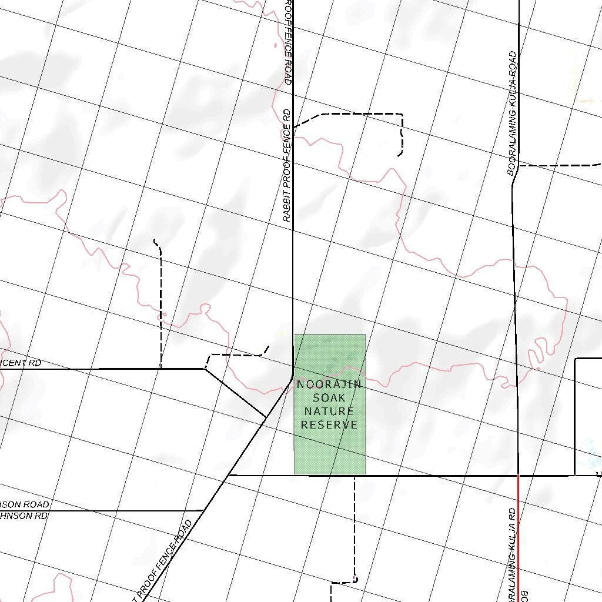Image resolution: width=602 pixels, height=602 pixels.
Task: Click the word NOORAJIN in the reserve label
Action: tap(329, 385)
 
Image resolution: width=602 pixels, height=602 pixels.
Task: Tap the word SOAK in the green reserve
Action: tap(329, 398)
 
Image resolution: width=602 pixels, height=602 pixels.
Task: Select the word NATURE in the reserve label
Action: tap(329, 412)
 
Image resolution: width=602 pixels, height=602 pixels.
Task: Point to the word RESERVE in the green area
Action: tap(329, 424)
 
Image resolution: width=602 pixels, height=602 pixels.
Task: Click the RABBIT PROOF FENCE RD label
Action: tap(287, 165)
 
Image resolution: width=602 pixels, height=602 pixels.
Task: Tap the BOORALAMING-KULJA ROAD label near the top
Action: tap(512, 113)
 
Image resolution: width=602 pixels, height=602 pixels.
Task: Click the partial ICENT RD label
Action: tap(21, 363)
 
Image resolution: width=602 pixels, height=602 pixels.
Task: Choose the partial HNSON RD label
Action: tap(24, 516)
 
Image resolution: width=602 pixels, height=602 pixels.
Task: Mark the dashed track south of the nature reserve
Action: tap(354, 529)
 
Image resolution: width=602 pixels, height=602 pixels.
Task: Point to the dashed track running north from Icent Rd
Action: tap(160, 306)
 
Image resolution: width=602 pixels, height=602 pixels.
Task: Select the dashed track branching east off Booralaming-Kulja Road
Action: tap(558, 166)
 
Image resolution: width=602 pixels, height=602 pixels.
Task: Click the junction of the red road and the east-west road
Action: tap(518, 475)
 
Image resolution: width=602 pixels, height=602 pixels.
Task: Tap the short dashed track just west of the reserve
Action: tap(235, 355)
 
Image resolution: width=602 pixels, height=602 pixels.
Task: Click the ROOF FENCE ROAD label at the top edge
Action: tap(287, 41)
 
